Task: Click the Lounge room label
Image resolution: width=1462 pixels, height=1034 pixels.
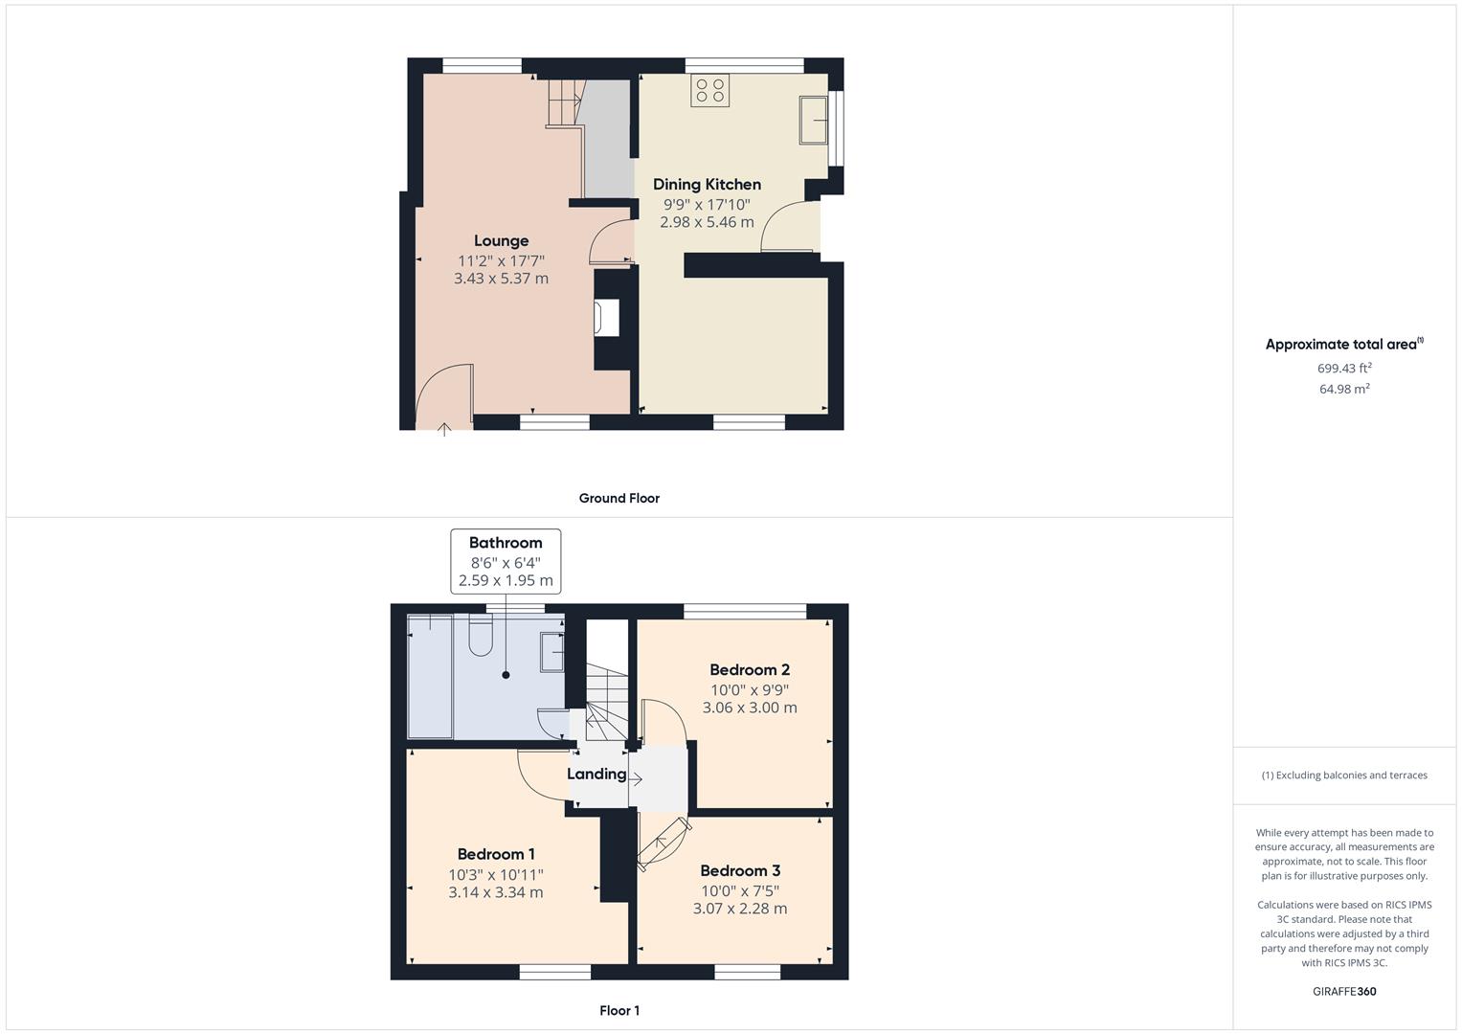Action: [501, 240]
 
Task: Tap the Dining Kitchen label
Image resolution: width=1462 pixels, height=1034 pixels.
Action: [707, 184]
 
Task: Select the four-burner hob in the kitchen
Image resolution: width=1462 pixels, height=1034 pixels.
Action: [710, 90]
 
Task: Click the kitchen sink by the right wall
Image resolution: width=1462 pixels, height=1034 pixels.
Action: [814, 120]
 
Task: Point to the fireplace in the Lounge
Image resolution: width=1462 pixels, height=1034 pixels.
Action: [607, 318]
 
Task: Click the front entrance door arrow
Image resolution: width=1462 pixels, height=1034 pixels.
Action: [444, 429]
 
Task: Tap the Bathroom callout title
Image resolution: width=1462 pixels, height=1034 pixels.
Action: [506, 543]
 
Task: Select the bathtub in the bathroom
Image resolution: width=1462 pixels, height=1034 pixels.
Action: [430, 677]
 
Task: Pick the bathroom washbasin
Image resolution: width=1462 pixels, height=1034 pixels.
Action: [552, 652]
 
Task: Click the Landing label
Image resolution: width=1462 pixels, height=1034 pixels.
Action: [596, 774]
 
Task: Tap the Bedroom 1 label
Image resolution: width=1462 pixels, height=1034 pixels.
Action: [496, 854]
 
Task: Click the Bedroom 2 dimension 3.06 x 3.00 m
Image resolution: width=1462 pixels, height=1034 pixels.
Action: [750, 708]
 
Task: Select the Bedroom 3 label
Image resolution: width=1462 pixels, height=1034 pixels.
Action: [740, 870]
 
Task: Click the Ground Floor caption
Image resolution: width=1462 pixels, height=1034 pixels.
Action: [619, 498]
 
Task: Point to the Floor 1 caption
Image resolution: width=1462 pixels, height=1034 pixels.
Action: [619, 1010]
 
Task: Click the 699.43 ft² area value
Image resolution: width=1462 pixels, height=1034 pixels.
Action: [1344, 368]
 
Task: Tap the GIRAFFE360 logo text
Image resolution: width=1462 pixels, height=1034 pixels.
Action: [1344, 991]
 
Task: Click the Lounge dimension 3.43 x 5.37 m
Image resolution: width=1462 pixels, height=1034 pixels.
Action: [501, 279]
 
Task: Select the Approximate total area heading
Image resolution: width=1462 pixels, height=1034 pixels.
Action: [1342, 345]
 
